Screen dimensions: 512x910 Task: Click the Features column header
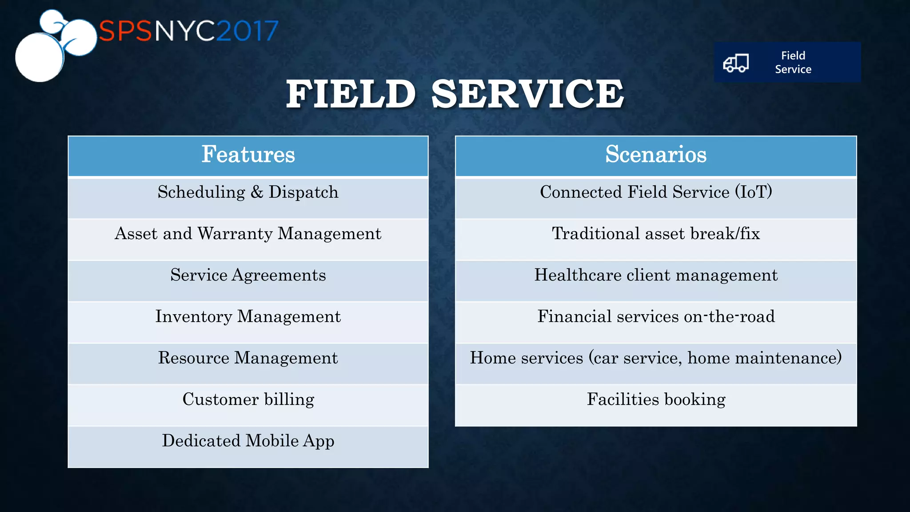pos(248,155)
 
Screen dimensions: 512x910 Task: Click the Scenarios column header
pos(655,155)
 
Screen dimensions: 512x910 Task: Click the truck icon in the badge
pos(736,63)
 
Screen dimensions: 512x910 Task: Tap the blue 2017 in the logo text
pos(247,31)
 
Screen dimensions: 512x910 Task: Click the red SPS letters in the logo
pos(125,31)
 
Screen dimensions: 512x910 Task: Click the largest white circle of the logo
pos(39,57)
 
